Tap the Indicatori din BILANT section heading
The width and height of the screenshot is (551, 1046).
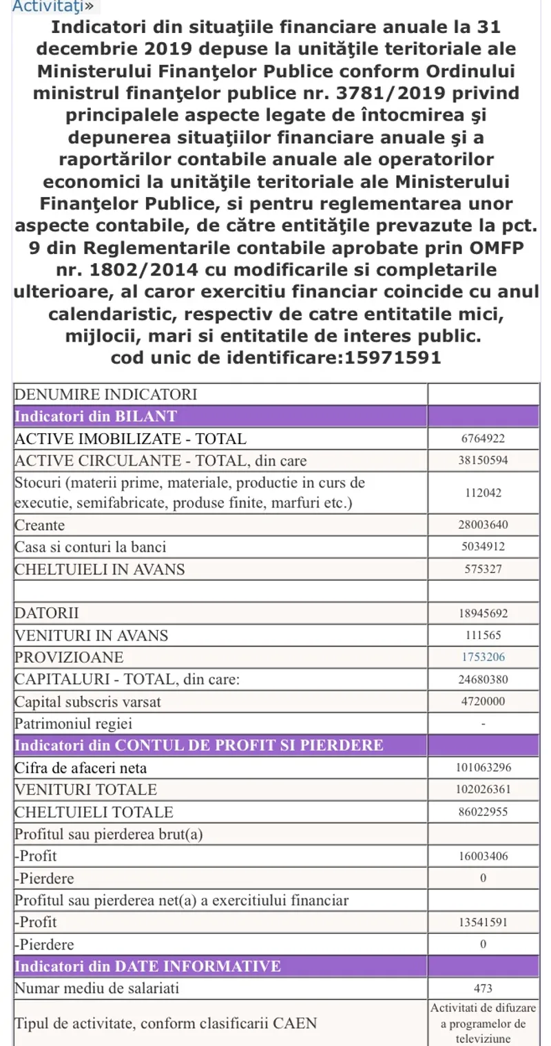pyautogui.click(x=96, y=416)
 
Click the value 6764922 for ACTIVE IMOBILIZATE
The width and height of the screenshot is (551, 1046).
pyautogui.click(x=483, y=439)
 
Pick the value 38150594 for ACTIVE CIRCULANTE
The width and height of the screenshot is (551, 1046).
pyautogui.click(x=483, y=460)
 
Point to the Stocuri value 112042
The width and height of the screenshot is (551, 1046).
pyautogui.click(x=483, y=492)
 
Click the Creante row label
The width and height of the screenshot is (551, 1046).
pyautogui.click(x=40, y=525)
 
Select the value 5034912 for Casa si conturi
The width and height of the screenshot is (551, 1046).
pyautogui.click(x=483, y=547)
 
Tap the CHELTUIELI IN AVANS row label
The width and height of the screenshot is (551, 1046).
pyautogui.click(x=100, y=569)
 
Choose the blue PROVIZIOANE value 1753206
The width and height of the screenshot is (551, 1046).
pyautogui.click(x=483, y=658)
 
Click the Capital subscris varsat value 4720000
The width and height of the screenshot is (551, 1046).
pyautogui.click(x=483, y=702)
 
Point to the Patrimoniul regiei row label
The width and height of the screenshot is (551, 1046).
pyautogui.click(x=74, y=724)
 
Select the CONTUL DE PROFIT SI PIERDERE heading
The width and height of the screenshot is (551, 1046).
pyautogui.click(x=199, y=746)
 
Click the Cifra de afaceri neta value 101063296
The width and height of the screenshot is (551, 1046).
pyautogui.click(x=483, y=768)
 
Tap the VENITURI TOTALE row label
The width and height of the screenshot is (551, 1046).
pyautogui.click(x=86, y=790)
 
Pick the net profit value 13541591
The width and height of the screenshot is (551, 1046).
pyautogui.click(x=483, y=922)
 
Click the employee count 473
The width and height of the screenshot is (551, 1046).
pyautogui.click(x=483, y=988)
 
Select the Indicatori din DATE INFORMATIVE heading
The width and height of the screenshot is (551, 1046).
pyautogui.click(x=148, y=966)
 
